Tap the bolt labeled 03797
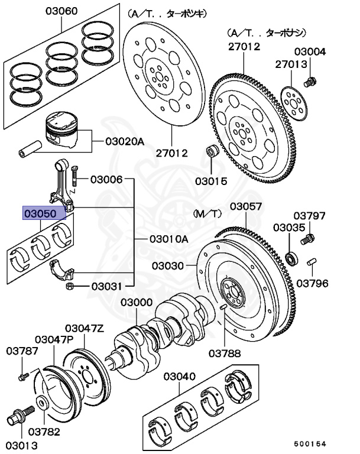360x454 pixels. click(x=307, y=240)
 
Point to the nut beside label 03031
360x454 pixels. click(x=69, y=287)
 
